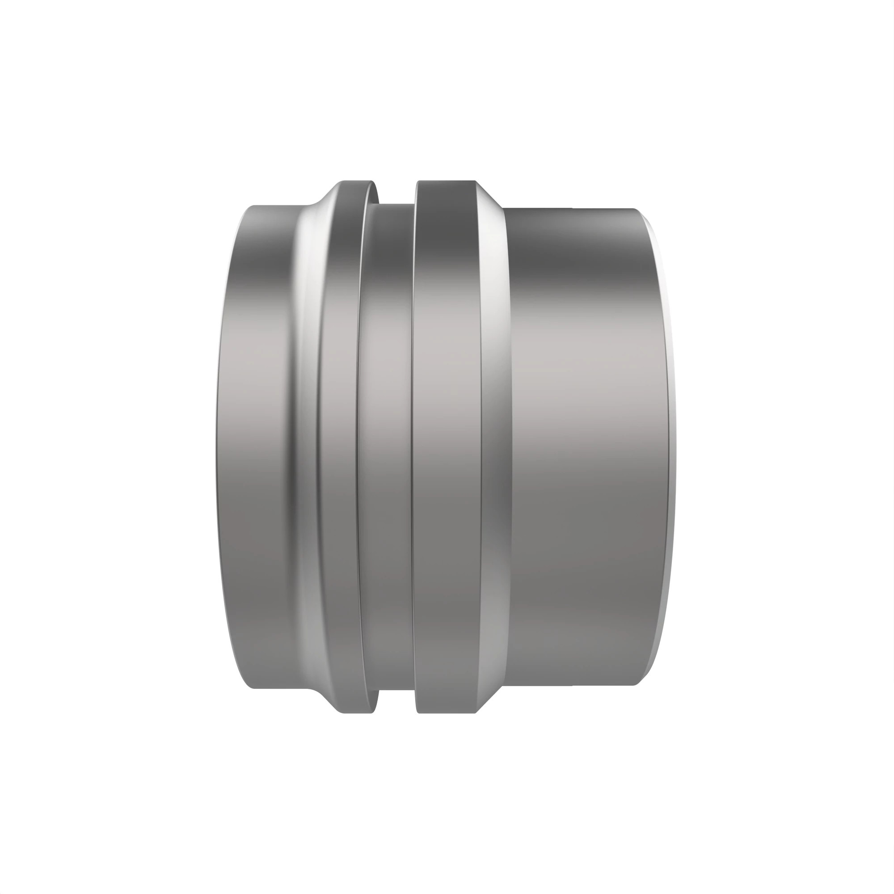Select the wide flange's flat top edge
pyautogui.click(x=446, y=181)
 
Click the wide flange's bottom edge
pyautogui.click(x=446, y=713)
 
